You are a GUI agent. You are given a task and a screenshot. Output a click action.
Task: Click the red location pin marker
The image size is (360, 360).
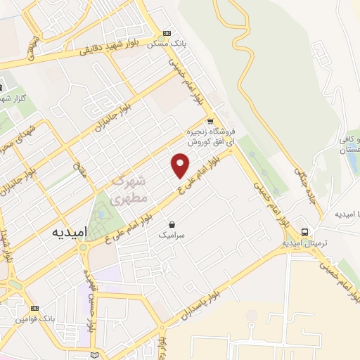click(181, 165)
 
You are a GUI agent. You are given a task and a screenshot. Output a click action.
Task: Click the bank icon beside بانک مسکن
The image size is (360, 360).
click(167, 33)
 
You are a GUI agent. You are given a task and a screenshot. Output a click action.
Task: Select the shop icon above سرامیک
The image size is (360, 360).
click(171, 226)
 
